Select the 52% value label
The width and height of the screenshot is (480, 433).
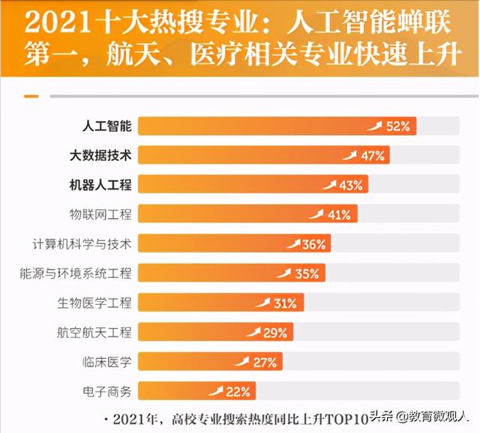click(x=398, y=127)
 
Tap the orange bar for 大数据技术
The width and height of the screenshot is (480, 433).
click(x=240, y=156)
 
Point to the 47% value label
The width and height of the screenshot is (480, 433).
click(x=373, y=156)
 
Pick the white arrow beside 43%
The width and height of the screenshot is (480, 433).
click(x=328, y=184)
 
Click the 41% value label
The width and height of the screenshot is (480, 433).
click(x=339, y=215)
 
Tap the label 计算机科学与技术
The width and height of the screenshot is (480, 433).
click(x=82, y=244)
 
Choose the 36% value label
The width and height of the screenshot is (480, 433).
click(x=313, y=244)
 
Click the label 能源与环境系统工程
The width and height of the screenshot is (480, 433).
click(x=75, y=273)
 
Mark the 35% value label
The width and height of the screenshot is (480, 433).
click(x=306, y=273)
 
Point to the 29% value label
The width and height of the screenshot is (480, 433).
click(x=275, y=333)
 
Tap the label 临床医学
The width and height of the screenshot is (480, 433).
click(x=106, y=362)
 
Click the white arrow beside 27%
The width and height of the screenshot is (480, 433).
click(x=241, y=361)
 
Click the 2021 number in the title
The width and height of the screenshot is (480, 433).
click(x=52, y=22)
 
